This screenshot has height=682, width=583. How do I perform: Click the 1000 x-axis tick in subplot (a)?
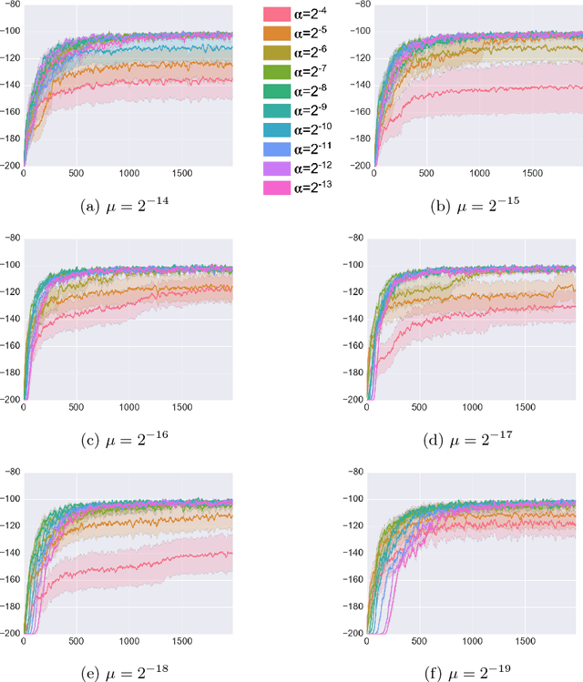pyautogui.click(x=128, y=172)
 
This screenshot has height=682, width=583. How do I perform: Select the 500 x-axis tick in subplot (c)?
pyautogui.click(x=76, y=407)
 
